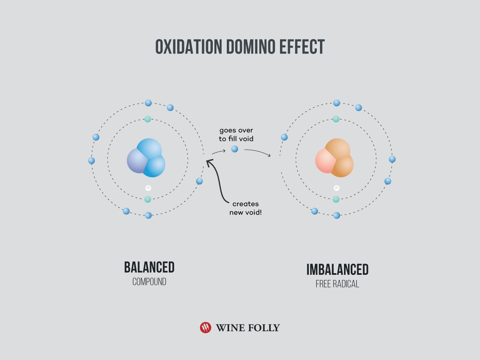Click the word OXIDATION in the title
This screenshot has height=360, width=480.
tap(189, 46)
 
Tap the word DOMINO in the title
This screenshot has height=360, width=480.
tap(251, 46)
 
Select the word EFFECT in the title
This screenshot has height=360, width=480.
tap(302, 46)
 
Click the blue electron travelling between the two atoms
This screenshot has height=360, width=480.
tap(235, 149)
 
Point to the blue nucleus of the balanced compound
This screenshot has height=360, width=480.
tap(146, 158)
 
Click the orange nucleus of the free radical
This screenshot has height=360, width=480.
tap(334, 158)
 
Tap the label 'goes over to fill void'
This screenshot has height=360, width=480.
tap(236, 134)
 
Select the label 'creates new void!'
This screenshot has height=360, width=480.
tap(245, 208)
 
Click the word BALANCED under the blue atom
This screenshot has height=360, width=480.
tap(149, 267)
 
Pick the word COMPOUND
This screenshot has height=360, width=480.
tap(149, 282)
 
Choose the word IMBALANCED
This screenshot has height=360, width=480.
tap(338, 270)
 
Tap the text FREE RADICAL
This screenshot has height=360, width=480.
tap(338, 284)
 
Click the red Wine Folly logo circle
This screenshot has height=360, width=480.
tap(206, 328)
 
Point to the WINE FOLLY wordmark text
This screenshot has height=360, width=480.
tap(248, 328)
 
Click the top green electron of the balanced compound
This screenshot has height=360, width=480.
tap(148, 119)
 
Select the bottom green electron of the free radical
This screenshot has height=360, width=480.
tap(336, 199)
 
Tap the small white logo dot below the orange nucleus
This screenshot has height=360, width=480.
tap(336, 188)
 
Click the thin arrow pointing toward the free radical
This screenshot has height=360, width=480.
tap(258, 152)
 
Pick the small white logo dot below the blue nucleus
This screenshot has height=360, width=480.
tap(148, 188)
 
